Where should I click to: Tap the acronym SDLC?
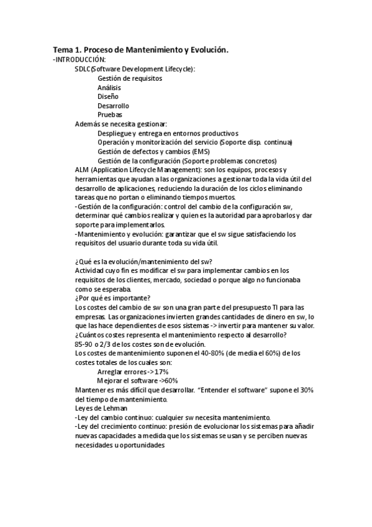click(82, 69)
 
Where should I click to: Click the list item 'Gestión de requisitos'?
click(130, 78)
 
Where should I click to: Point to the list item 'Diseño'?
click(107, 96)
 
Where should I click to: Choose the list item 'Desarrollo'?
click(113, 106)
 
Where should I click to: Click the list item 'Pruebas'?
click(109, 115)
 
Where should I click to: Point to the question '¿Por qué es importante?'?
click(112, 298)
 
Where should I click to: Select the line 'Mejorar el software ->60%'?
click(137, 380)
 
